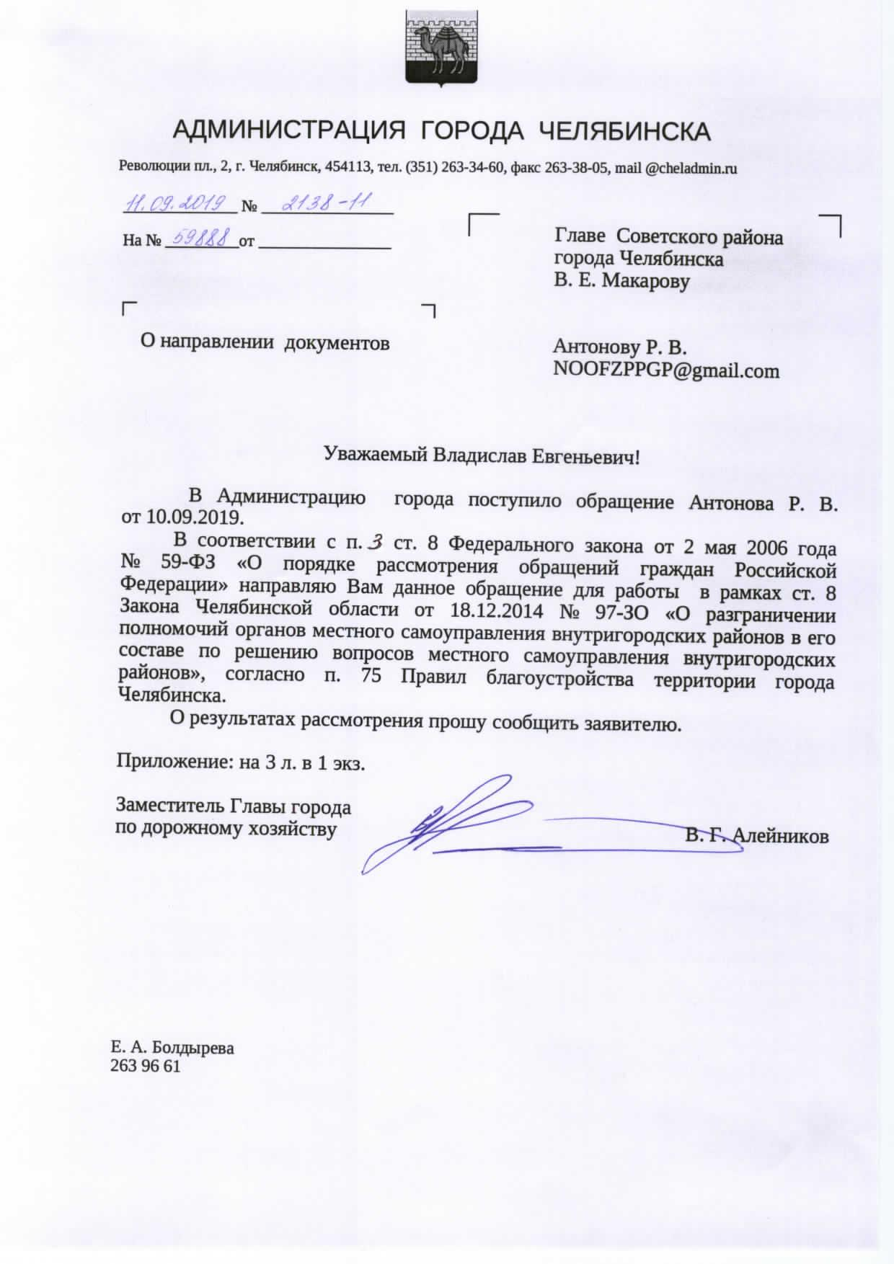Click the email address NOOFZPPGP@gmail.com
click(x=666, y=371)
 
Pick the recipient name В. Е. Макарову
click(x=621, y=280)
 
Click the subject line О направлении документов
click(x=265, y=343)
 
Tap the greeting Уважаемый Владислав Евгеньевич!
click(x=482, y=456)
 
